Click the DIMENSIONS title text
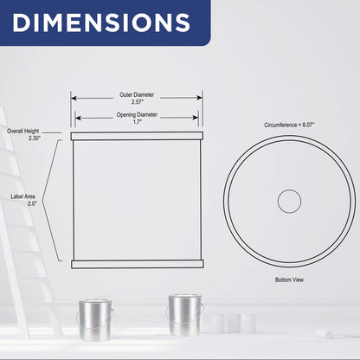(101, 22)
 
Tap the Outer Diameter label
(137, 94)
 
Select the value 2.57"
(138, 102)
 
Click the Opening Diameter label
(137, 114)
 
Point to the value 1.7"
(138, 122)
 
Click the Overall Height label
(23, 131)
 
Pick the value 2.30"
(35, 138)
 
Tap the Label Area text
(22, 196)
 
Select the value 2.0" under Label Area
(32, 203)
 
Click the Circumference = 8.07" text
(289, 125)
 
